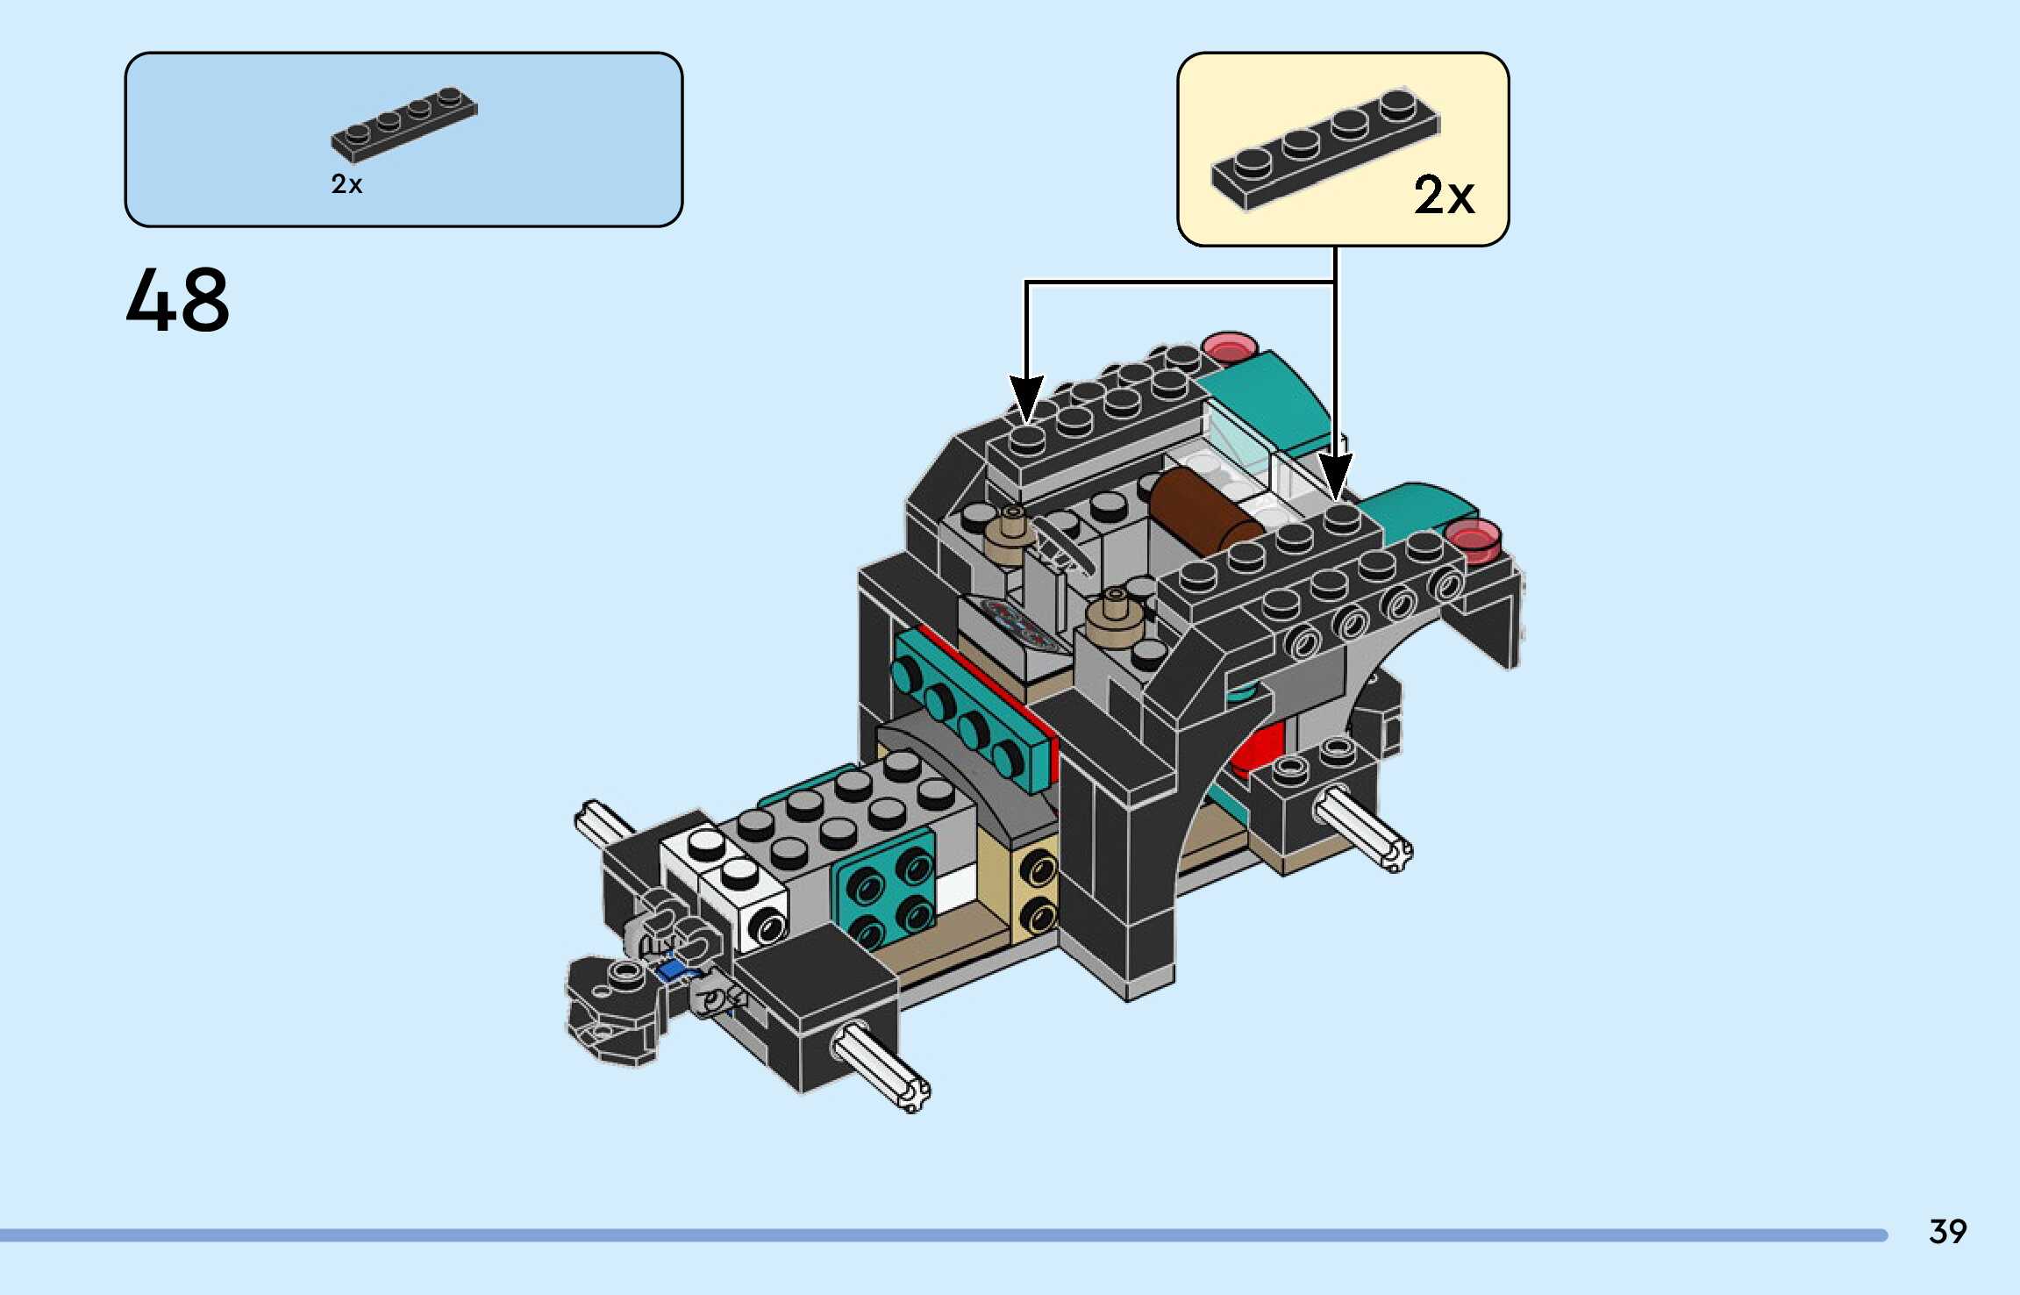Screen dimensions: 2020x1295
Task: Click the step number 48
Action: [x=178, y=300]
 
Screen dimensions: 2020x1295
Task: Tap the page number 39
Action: [x=1948, y=1232]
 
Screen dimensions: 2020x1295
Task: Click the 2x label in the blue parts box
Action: [x=346, y=184]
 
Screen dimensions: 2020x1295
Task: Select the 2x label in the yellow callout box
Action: [x=1444, y=195]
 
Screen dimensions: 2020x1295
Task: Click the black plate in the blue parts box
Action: [x=404, y=125]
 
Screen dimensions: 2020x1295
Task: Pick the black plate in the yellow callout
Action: [x=1325, y=148]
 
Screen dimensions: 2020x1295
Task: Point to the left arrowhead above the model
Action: [x=1026, y=397]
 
